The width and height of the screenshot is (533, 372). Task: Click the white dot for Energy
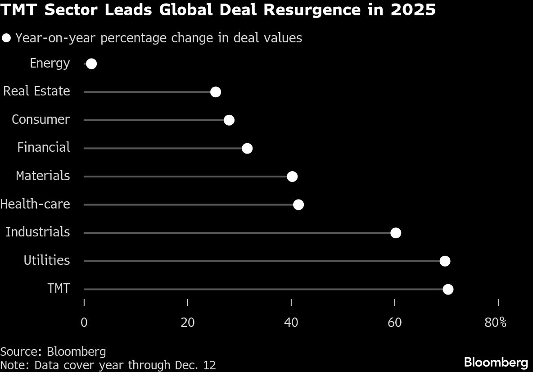91,64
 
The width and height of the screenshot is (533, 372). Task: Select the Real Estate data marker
216,92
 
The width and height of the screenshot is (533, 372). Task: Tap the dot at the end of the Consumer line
229,120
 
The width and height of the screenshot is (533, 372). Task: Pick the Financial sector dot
247,148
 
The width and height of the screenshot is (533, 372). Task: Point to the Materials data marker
292,177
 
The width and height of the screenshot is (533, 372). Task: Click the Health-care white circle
298,205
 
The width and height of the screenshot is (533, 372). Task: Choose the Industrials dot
396,233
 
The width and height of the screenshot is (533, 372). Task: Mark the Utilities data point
445,261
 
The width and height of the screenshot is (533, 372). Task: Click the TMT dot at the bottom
448,289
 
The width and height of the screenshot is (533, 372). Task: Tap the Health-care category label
35,204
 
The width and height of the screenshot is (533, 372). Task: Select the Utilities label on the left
47,260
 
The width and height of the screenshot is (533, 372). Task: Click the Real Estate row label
37,91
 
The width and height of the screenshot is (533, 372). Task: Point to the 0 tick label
84,323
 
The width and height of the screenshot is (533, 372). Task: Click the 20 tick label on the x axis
188,323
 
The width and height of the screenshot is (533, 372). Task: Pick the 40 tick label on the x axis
291,323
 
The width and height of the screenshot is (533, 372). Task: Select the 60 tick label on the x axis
395,323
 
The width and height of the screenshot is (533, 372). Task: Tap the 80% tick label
496,323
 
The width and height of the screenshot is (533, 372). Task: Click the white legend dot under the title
6,38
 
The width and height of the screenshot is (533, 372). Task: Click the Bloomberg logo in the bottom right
496,362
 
